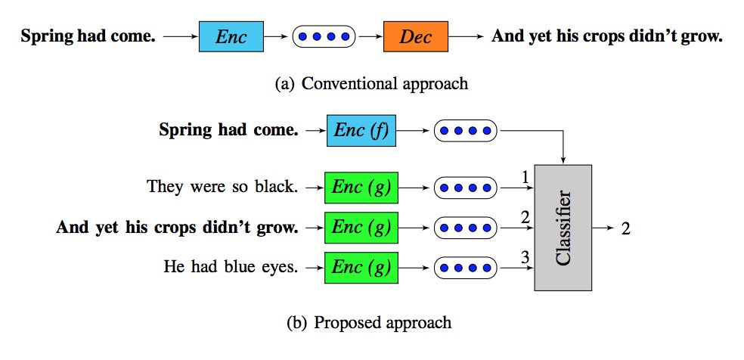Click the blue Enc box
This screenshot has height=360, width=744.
coord(231,36)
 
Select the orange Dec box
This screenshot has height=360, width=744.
coord(415,36)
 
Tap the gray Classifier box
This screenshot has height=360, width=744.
coord(563,227)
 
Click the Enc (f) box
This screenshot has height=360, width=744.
coord(361,131)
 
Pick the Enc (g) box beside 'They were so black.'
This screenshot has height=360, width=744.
coord(361,187)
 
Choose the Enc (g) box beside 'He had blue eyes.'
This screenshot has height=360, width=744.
coord(361,266)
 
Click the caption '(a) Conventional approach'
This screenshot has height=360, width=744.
coord(371,83)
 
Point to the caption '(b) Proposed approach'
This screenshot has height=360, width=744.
coord(370,323)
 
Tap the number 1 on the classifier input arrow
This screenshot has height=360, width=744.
coord(523,177)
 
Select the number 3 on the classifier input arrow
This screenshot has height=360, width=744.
coord(523,257)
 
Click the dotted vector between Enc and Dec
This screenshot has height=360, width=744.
coord(323,36)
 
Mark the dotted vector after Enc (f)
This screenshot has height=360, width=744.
coord(465,131)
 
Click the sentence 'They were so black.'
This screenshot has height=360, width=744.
coord(222,187)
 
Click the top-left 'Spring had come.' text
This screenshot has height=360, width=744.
coord(88,36)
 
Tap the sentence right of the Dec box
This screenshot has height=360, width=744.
coord(606,36)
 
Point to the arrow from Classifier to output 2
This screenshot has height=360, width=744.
coord(603,228)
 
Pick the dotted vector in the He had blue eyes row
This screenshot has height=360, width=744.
coord(465,266)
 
